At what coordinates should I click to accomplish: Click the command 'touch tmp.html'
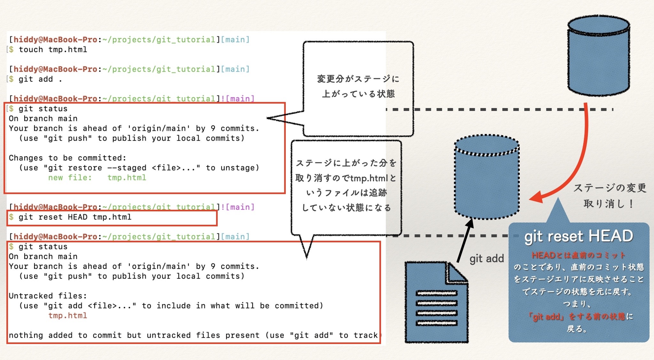pos(53,50)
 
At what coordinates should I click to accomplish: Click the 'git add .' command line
pos(40,79)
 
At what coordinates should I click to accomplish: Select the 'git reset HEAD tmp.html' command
pos(75,217)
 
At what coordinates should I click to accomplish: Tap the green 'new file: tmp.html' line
pos(97,177)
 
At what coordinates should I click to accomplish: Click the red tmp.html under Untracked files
pos(67,316)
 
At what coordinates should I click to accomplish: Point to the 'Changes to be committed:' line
pos(67,158)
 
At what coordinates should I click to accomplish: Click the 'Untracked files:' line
pos(48,296)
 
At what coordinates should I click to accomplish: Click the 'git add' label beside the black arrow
pos(487,258)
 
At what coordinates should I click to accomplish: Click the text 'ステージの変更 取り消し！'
pos(609,195)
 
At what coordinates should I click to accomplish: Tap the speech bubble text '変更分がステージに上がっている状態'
pos(358,86)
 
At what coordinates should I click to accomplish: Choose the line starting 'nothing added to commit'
pos(193,335)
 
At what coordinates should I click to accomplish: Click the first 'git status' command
pos(43,109)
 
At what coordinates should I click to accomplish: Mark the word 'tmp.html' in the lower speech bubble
pos(369,178)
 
